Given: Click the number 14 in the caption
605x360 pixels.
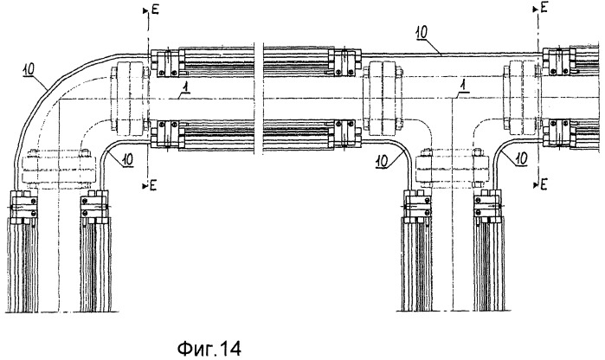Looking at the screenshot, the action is click(231, 349).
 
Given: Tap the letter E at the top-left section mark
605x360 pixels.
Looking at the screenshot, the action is click(155, 10).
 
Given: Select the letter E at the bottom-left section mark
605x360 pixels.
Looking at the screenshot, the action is click(153, 185).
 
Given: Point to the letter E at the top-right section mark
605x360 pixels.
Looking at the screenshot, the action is click(544, 7).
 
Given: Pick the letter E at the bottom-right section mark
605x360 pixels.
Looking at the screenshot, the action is click(544, 184).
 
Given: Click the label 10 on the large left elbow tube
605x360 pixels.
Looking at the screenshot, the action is click(29, 69).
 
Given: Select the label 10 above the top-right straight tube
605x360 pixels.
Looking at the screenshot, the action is click(422, 33).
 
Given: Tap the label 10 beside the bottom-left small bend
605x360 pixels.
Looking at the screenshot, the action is click(127, 159).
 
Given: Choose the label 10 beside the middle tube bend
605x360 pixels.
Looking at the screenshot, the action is click(383, 161).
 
